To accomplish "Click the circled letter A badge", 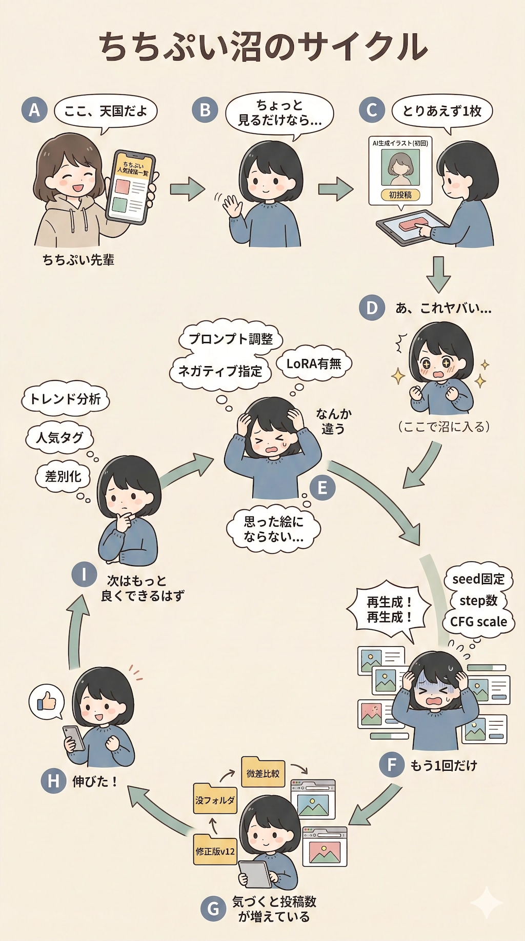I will (34, 110).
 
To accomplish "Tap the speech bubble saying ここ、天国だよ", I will (106, 111).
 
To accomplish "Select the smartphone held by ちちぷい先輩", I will (131, 187).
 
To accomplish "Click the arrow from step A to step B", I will (187, 189).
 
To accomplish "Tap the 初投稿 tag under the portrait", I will (400, 195).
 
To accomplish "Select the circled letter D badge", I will (372, 308).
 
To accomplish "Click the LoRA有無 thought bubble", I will (314, 364).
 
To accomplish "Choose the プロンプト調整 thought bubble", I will (231, 339).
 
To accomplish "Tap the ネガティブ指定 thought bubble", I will (220, 371).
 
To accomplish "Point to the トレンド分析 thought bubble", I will (65, 399).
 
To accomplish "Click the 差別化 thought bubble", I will (63, 476).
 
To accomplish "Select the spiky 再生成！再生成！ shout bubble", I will (389, 610).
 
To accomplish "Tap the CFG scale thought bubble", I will (478, 622).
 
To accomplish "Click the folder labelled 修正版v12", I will (215, 851).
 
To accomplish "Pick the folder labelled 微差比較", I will (263, 773).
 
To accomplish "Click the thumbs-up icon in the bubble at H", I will (47, 701).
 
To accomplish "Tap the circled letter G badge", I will (213, 909).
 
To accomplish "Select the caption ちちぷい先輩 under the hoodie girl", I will (78, 260).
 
